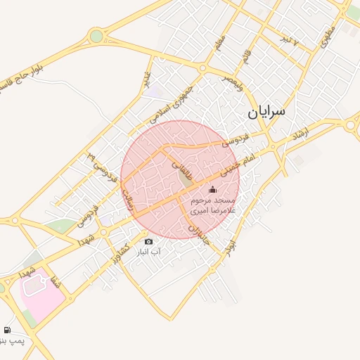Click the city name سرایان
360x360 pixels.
(266, 111)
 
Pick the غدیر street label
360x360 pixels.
(147, 81)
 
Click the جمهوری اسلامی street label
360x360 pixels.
(173, 103)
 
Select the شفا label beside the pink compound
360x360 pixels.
(52, 281)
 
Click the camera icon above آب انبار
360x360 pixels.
(148, 242)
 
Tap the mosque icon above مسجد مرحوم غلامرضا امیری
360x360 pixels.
(212, 189)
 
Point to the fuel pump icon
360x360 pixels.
(8, 330)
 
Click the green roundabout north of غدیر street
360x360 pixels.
(96, 36)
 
